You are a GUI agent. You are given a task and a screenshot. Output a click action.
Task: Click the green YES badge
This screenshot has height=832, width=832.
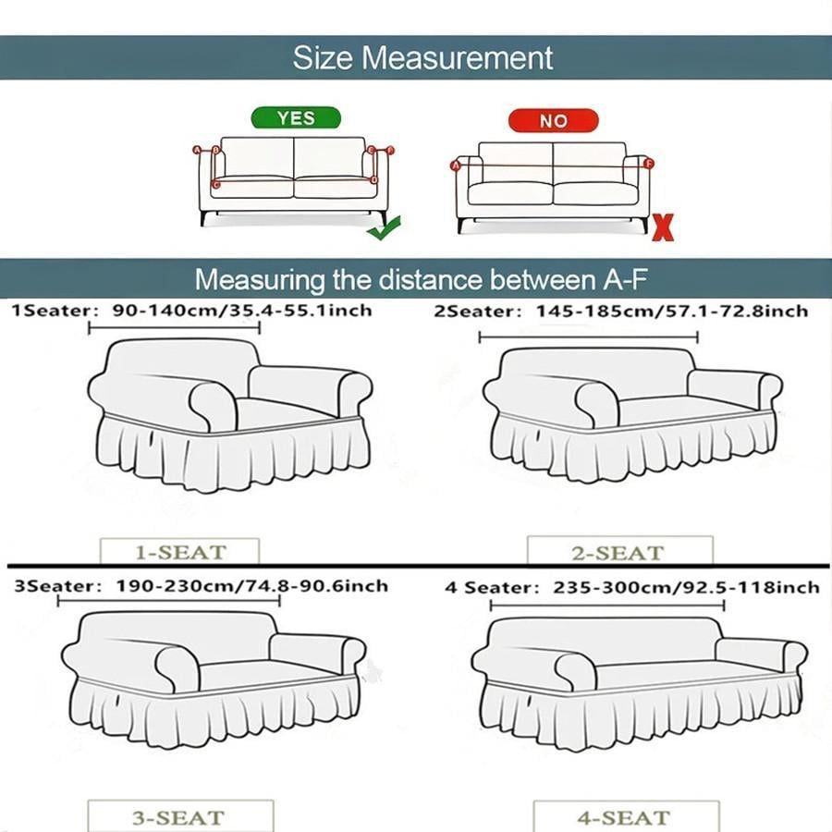pyautogui.click(x=296, y=117)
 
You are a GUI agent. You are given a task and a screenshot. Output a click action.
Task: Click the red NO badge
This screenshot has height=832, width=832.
pyautogui.click(x=554, y=121)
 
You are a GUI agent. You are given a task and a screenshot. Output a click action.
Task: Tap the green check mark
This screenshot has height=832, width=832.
pyautogui.click(x=385, y=228)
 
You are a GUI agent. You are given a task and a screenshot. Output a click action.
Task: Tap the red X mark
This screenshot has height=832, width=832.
pyautogui.click(x=663, y=227)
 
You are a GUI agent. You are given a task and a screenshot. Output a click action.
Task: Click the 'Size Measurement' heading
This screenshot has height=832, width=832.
pyautogui.click(x=422, y=57)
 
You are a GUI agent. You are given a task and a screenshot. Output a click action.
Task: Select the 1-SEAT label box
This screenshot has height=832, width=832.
pyautogui.click(x=180, y=552)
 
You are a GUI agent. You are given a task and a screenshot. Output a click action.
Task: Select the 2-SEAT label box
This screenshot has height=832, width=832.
pyautogui.click(x=619, y=552)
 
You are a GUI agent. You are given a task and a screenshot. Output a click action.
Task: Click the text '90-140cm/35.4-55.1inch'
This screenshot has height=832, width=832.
pyautogui.click(x=242, y=311)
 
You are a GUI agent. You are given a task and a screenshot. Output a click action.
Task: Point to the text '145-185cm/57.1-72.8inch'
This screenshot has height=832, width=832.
pyautogui.click(x=672, y=312)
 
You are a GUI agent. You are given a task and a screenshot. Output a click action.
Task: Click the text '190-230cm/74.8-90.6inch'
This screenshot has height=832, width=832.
pyautogui.click(x=252, y=586)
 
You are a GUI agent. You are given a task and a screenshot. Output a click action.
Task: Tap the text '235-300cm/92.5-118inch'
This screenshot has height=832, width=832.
pyautogui.click(x=686, y=588)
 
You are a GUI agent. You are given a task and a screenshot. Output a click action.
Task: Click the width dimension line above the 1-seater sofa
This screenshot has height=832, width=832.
pyautogui.click(x=174, y=328)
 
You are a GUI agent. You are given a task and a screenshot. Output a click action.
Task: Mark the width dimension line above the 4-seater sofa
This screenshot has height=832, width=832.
pyautogui.click(x=607, y=605)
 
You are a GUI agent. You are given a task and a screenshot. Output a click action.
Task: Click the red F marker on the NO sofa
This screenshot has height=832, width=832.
pyautogui.click(x=648, y=164)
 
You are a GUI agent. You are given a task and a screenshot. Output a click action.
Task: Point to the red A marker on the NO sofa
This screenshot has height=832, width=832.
pyautogui.click(x=455, y=166)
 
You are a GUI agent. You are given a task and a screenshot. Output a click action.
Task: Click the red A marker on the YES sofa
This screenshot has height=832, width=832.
pyautogui.click(x=197, y=150)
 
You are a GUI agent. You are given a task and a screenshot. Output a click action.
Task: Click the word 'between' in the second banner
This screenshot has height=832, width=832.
pyautogui.click(x=543, y=279)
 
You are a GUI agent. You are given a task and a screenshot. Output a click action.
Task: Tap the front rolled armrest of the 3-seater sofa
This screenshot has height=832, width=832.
pyautogui.click(x=177, y=668)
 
